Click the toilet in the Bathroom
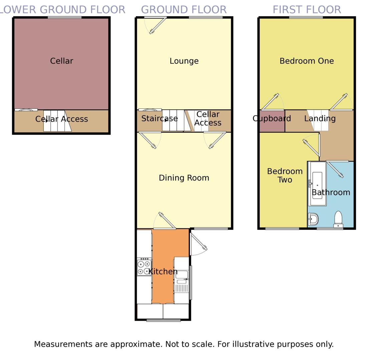click(x=338, y=219)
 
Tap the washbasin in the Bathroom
click(x=313, y=220)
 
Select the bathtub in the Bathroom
click(x=317, y=184)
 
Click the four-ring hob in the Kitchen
click(x=144, y=267)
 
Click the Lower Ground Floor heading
click(x=62, y=10)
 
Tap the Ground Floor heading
click(x=184, y=10)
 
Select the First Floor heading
click(x=307, y=10)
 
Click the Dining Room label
click(x=184, y=178)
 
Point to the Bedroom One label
click(x=307, y=61)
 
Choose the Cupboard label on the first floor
click(x=272, y=119)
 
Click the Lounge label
click(x=184, y=61)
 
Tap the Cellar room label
click(x=61, y=61)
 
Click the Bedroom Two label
click(x=285, y=175)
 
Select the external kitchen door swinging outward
click(x=198, y=242)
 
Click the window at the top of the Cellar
click(x=64, y=17)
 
